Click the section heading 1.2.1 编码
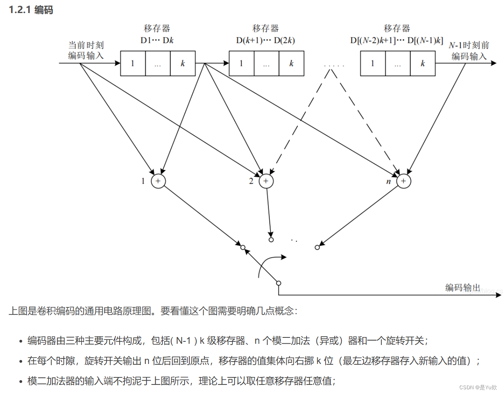[31, 10]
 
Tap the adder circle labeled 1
[158, 181]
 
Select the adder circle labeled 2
[266, 181]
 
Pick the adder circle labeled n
[404, 181]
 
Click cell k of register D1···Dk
[183, 63]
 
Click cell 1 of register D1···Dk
[133, 63]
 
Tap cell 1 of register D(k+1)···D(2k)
[241, 63]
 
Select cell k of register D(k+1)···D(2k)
[292, 63]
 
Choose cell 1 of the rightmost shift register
[372, 63]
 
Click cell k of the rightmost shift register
[423, 63]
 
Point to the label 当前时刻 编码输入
[86, 50]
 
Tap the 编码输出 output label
[463, 287]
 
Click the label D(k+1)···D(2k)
[265, 40]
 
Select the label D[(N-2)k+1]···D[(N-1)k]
[396, 40]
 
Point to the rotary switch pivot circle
[278, 283]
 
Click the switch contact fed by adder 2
[271, 240]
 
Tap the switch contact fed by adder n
[317, 248]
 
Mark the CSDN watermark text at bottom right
[478, 387]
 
